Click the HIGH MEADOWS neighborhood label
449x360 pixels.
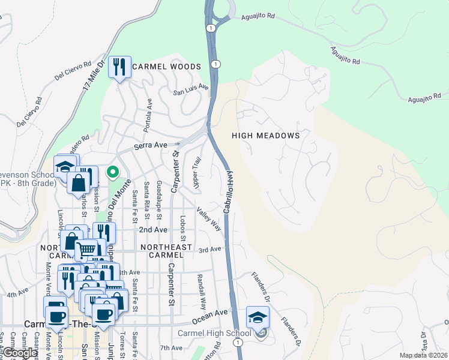265,136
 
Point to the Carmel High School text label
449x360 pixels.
214,334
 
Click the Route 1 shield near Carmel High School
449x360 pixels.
238,342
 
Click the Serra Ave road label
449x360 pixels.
150,145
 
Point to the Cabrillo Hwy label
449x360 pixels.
228,191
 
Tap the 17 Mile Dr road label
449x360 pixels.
93,71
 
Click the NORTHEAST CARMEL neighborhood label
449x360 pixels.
166,251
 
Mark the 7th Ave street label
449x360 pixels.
170,347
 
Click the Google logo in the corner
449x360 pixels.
19,353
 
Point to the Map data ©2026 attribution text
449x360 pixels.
423,355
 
